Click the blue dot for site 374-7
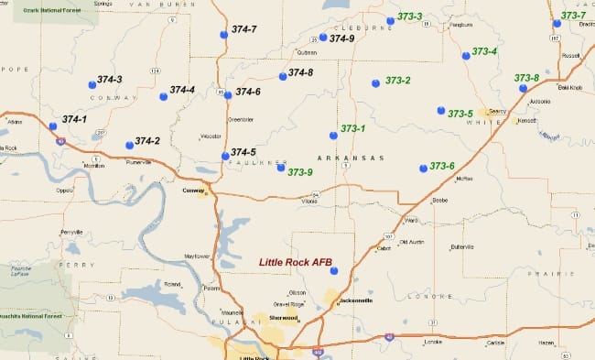pos(224,35)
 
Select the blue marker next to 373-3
pos(390,20)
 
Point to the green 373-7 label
pos(574,16)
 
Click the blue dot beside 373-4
pos(466,56)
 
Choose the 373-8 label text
pos(526,78)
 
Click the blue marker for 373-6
pos(423,168)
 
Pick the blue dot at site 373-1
pos(333,136)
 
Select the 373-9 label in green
pos(300,171)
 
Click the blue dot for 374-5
pos(225,156)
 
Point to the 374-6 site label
pos(248,92)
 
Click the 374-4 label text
pos(182,90)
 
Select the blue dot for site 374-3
pos(92,85)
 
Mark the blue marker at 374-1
pos(53,125)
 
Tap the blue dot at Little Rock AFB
pos(333,270)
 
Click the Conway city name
pos(195,191)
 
